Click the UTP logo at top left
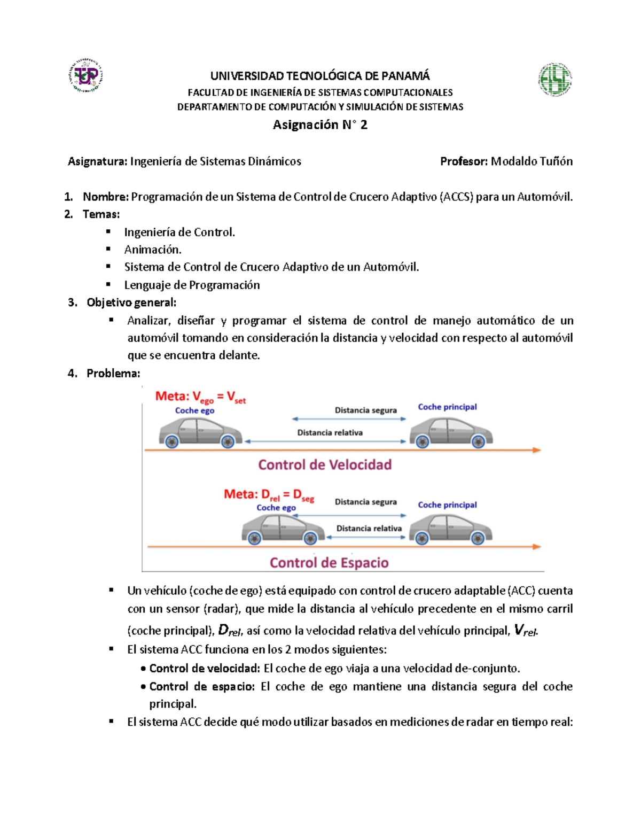tap(86, 76)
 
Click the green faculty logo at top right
tap(555, 80)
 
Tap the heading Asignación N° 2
tap(320, 125)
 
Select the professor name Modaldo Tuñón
tap(531, 161)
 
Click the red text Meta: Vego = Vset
tap(200, 397)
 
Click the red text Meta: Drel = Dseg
tap(269, 495)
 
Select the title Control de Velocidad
tap(325, 465)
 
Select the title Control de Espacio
tap(329, 563)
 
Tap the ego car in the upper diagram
tap(200, 432)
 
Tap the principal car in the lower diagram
tap(450, 529)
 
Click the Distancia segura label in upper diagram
tap(365, 410)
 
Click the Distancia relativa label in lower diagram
tap(369, 529)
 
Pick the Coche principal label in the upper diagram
tap(447, 407)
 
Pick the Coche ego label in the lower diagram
tap(276, 508)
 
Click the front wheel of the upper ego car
tap(228, 441)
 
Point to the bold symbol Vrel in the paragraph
tap(525, 631)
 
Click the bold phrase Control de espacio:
tap(202, 687)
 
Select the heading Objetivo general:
tap(131, 302)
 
